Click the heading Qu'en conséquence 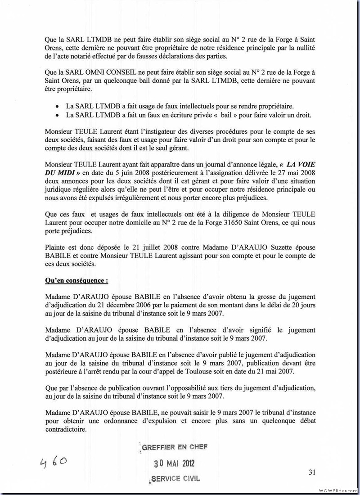tap(76, 281)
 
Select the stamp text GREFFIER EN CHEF tap(174, 447)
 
